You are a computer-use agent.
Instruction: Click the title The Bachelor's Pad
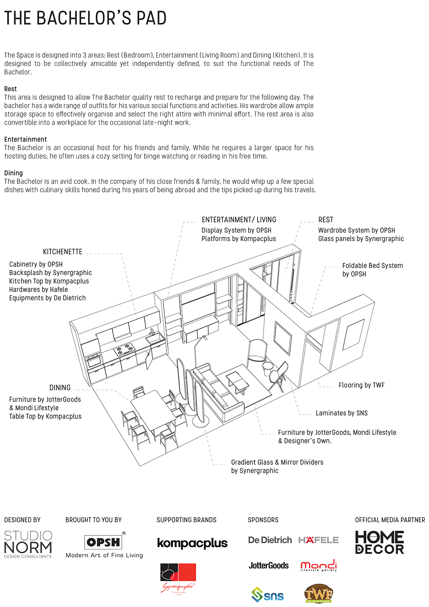(85, 19)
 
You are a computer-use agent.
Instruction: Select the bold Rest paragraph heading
(11, 89)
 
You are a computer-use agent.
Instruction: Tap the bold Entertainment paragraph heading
(25, 139)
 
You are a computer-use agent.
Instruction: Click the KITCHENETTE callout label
(63, 252)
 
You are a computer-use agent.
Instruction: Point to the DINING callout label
(60, 388)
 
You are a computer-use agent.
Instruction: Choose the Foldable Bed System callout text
(372, 269)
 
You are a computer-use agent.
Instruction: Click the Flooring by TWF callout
(361, 385)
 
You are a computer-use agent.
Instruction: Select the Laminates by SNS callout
(341, 413)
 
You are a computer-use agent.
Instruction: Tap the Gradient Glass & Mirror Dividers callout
(277, 466)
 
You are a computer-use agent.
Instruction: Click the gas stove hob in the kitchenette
(124, 349)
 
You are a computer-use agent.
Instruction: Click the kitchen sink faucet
(152, 332)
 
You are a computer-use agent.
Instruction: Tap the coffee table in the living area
(237, 381)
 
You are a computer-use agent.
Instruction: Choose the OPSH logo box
(103, 542)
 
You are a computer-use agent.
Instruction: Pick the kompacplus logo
(192, 543)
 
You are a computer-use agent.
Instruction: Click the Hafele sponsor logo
(318, 540)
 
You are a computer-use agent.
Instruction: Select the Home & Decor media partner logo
(379, 542)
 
